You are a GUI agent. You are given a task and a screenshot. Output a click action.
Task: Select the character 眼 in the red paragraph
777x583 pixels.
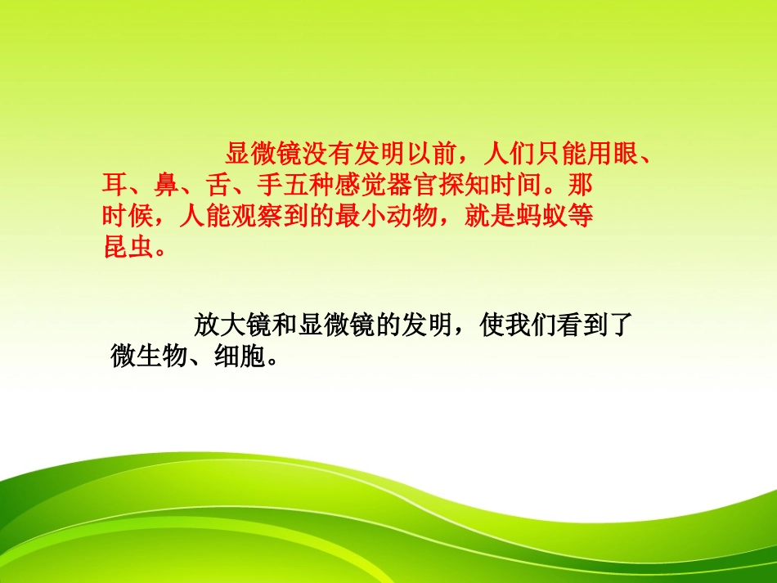click(x=625, y=153)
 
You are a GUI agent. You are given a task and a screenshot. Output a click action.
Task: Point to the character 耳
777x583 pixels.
click(x=114, y=184)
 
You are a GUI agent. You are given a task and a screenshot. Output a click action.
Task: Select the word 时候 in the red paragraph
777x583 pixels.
click(x=125, y=216)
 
